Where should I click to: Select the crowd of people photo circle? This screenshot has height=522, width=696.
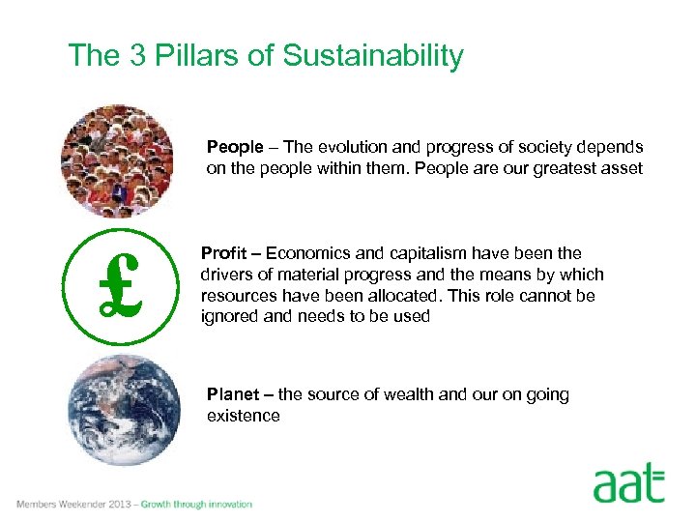tap(117, 161)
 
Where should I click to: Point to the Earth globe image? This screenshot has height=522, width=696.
tap(124, 410)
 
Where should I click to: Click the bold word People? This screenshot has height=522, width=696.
tap(235, 147)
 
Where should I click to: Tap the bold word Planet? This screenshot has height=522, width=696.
tap(235, 394)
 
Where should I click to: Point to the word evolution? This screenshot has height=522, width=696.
tap(347, 147)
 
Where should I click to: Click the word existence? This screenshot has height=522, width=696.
tap(243, 416)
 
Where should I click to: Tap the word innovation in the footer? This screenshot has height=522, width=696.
tap(228, 505)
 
